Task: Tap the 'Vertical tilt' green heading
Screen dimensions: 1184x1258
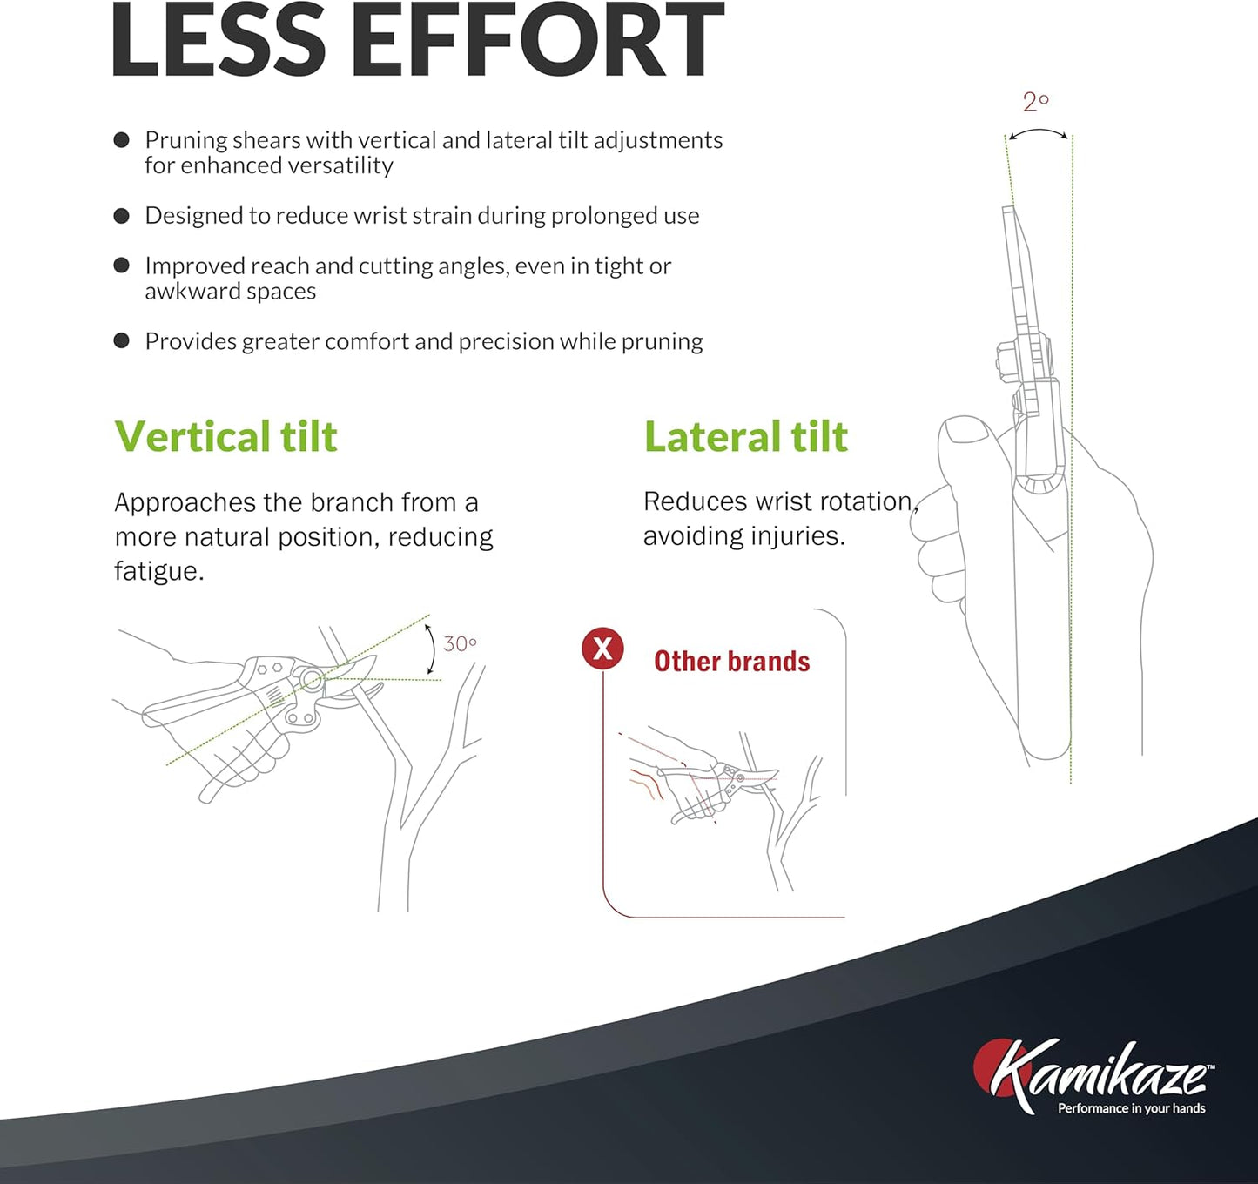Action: (x=225, y=436)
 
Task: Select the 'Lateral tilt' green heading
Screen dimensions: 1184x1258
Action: (x=745, y=436)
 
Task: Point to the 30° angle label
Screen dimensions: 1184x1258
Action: (x=460, y=644)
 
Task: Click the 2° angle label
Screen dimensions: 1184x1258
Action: (x=1035, y=103)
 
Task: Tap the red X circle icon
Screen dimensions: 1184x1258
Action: (x=602, y=649)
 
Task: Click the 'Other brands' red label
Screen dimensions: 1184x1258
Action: (x=731, y=662)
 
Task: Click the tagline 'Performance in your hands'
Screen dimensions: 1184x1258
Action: (x=1131, y=1108)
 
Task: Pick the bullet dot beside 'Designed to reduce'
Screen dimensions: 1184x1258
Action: (x=122, y=216)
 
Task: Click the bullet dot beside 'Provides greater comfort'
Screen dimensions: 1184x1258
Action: (x=122, y=340)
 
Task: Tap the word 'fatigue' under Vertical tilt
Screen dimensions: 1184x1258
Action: (x=158, y=571)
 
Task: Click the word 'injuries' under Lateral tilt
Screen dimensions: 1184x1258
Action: (x=801, y=535)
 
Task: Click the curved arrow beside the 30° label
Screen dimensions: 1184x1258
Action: (x=431, y=649)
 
